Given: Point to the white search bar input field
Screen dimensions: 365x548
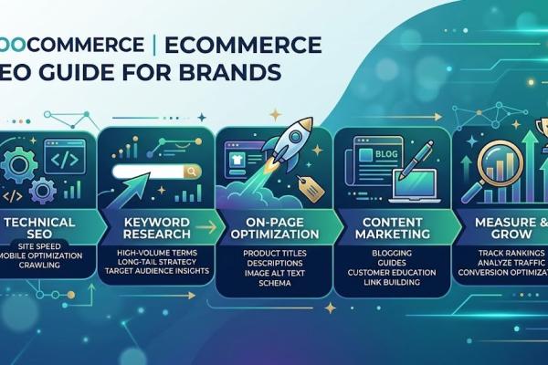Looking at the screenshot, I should tap(146, 171).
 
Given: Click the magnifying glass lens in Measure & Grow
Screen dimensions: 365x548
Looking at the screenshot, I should tap(492, 156).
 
